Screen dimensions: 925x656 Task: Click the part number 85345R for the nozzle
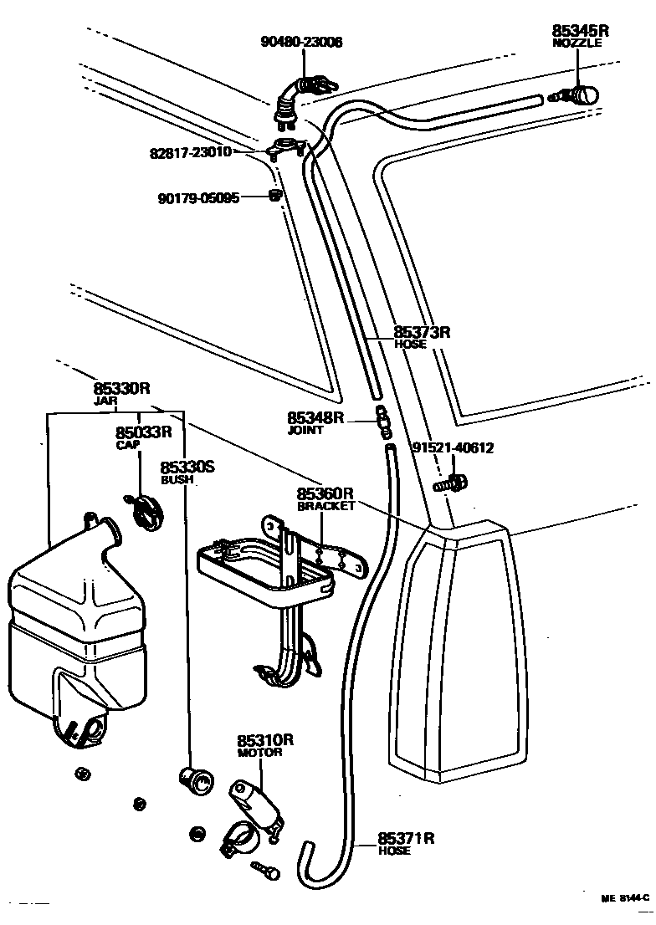pyautogui.click(x=580, y=31)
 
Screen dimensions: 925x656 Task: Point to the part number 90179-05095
pyautogui.click(x=199, y=198)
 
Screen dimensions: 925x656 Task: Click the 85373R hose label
pyautogui.click(x=422, y=332)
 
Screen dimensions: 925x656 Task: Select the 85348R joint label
pyautogui.click(x=315, y=417)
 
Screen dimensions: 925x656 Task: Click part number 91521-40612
pyautogui.click(x=452, y=448)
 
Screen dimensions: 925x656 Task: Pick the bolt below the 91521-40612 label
pyautogui.click(x=450, y=483)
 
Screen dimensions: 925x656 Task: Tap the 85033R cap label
pyautogui.click(x=143, y=432)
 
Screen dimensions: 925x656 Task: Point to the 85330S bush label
pyautogui.click(x=187, y=468)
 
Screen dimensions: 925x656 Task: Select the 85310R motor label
pyautogui.click(x=264, y=740)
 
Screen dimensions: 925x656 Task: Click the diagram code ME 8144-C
pyautogui.click(x=623, y=897)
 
